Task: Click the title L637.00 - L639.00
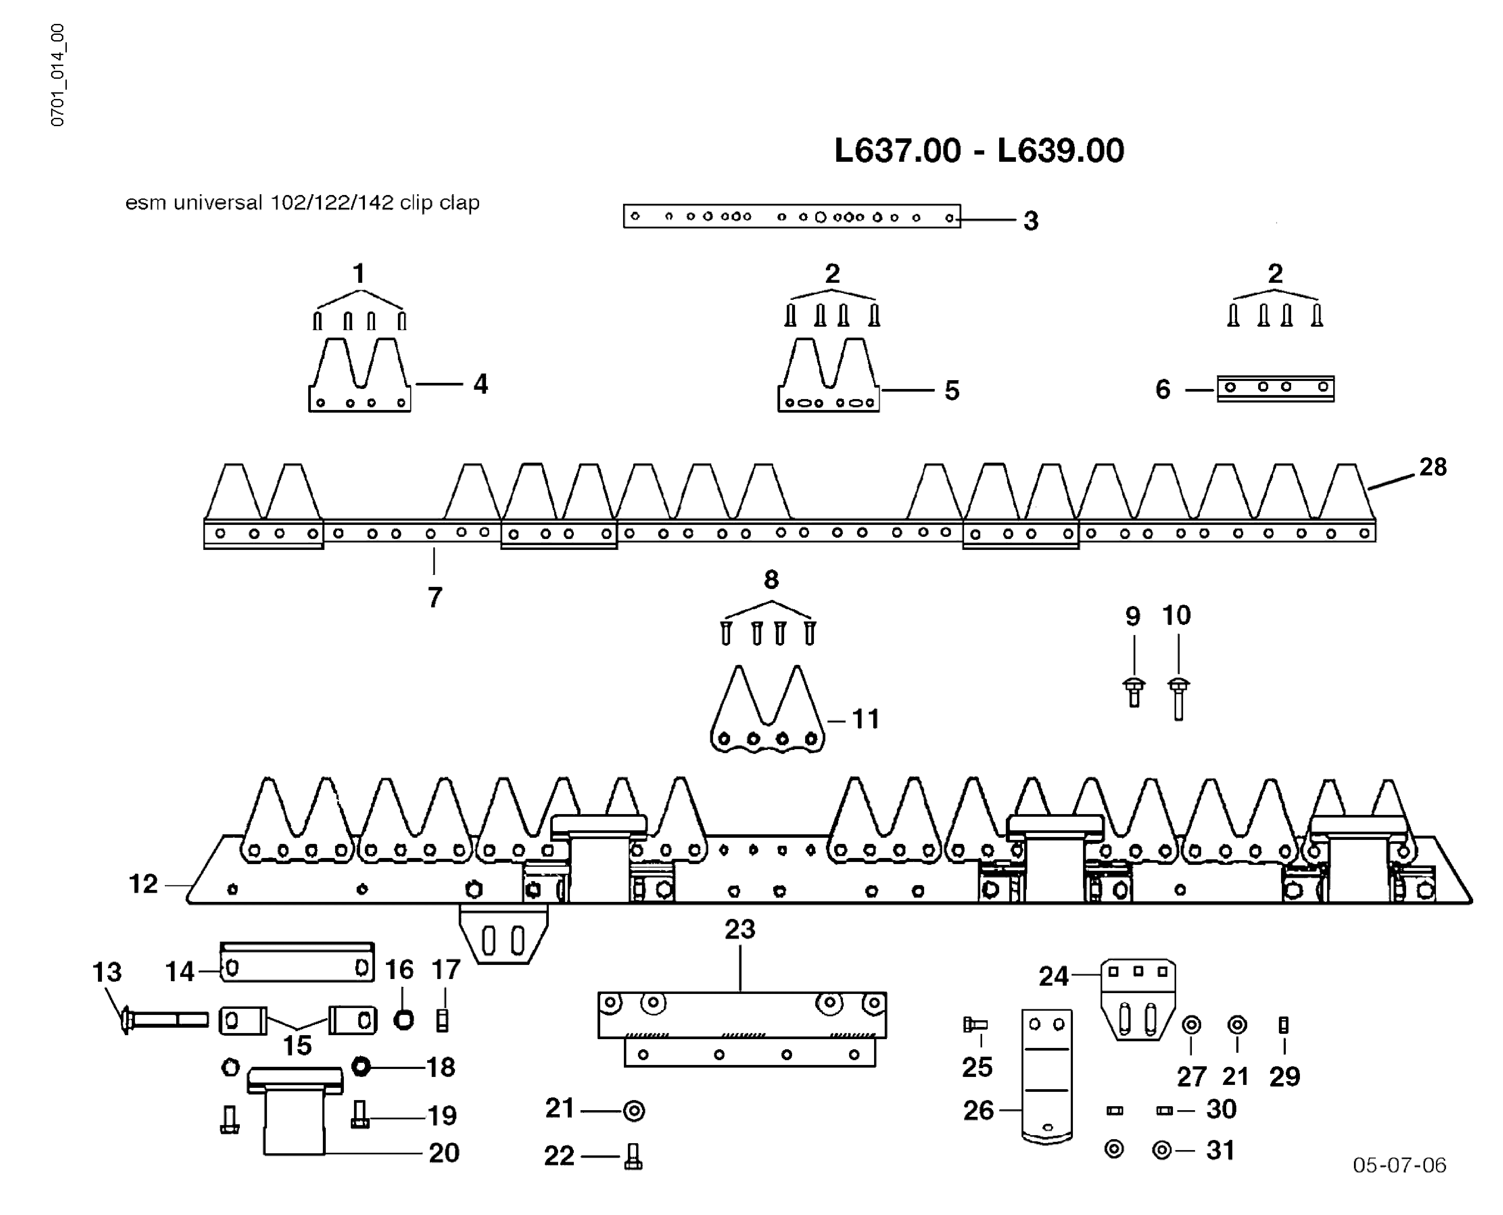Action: (x=979, y=151)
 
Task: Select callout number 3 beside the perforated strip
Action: (x=1031, y=221)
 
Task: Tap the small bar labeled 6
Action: (x=1275, y=388)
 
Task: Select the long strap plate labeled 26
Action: (x=1047, y=1074)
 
